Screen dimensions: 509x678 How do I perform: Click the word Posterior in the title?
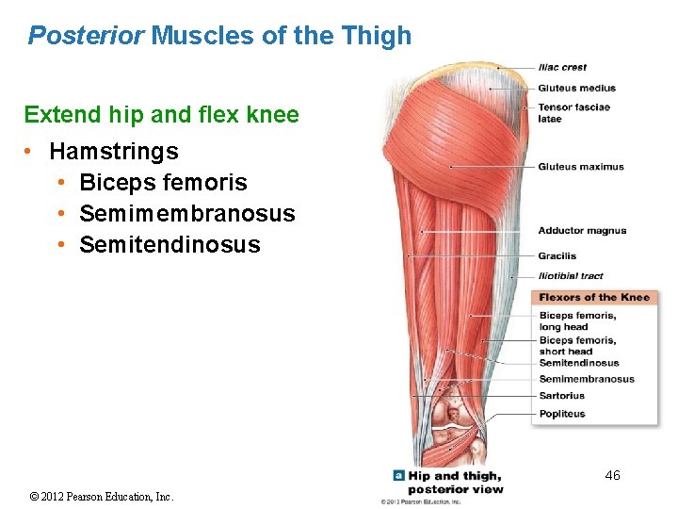86,36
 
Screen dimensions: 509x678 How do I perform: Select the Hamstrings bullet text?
113,151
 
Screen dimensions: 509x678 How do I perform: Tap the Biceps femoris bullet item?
163,182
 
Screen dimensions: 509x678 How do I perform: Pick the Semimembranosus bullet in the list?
186,214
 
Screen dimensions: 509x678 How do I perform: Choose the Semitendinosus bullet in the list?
169,245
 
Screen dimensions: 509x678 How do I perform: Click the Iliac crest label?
562,67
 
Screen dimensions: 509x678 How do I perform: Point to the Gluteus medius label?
576,89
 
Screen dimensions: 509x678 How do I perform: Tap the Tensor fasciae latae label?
573,112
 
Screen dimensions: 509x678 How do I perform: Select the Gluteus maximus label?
580,167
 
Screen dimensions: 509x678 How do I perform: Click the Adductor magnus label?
582,230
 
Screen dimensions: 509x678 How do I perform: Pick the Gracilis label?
557,255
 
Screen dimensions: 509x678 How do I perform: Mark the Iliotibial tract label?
571,276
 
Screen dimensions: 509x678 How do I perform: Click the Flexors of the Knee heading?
593,298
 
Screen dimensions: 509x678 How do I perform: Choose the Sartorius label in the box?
561,396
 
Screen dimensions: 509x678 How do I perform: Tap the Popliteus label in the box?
561,414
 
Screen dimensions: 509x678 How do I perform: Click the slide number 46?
612,475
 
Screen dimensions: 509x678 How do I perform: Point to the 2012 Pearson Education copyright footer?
102,497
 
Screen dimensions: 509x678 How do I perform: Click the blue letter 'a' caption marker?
399,476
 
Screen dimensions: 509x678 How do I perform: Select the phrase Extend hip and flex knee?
161,115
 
